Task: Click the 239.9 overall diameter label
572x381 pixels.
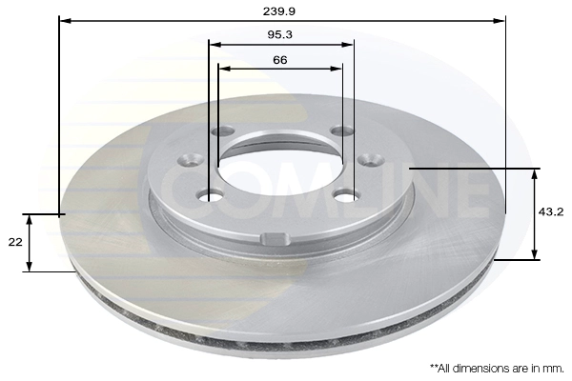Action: [x=279, y=11]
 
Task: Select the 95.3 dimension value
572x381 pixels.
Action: [x=279, y=35]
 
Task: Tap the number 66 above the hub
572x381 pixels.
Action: [x=279, y=60]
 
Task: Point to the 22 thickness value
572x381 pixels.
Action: [x=15, y=242]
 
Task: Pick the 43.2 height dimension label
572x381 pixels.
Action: [x=551, y=211]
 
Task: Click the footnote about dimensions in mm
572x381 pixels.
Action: [x=497, y=369]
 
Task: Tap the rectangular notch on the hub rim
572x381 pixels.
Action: [x=276, y=239]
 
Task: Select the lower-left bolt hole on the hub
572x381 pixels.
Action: [x=210, y=196]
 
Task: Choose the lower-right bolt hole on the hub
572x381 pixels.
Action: [x=345, y=196]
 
